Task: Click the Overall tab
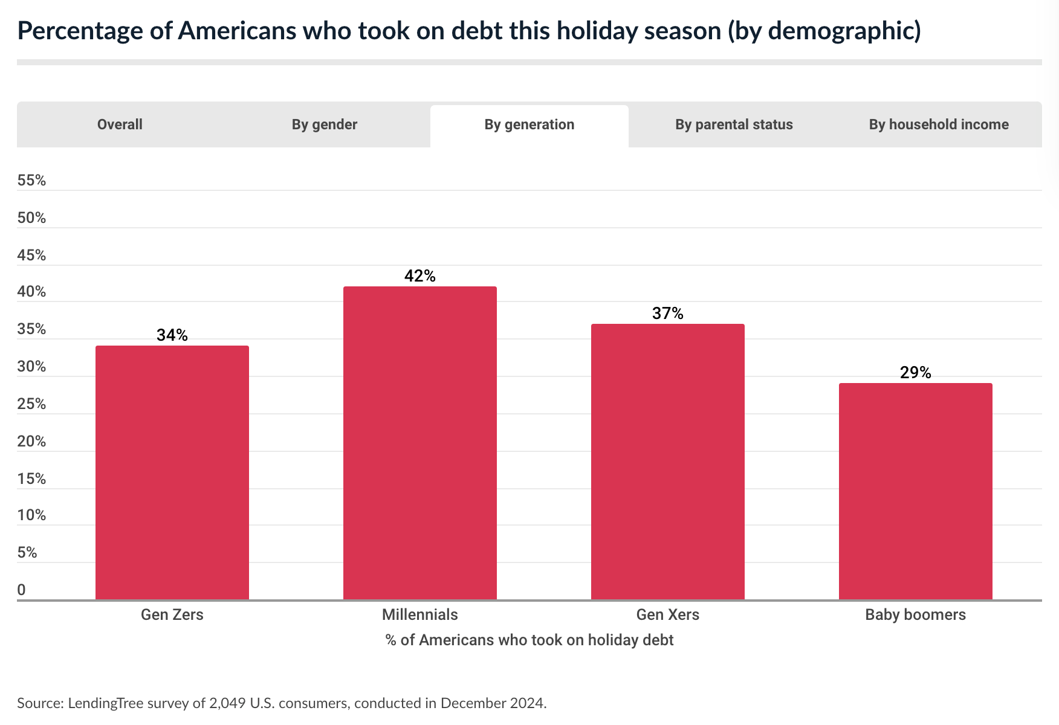pyautogui.click(x=120, y=124)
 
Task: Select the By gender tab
pyautogui.click(x=325, y=124)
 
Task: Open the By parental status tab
pyautogui.click(x=734, y=124)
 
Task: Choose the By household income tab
pyautogui.click(x=939, y=124)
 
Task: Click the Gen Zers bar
pyautogui.click(x=172, y=472)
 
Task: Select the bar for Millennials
pyautogui.click(x=420, y=443)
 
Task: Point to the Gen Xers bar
pyautogui.click(x=668, y=462)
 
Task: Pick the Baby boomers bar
pyautogui.click(x=916, y=491)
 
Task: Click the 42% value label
pyautogui.click(x=420, y=276)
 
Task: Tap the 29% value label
pyautogui.click(x=916, y=373)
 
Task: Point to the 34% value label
pyautogui.click(x=172, y=335)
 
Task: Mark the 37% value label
pyautogui.click(x=668, y=314)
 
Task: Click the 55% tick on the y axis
pyautogui.click(x=31, y=181)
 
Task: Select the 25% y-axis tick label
pyautogui.click(x=31, y=404)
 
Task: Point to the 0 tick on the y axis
pyautogui.click(x=21, y=590)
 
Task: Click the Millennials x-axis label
pyautogui.click(x=420, y=615)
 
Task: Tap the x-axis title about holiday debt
pyautogui.click(x=529, y=640)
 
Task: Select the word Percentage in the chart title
pyautogui.click(x=79, y=31)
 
